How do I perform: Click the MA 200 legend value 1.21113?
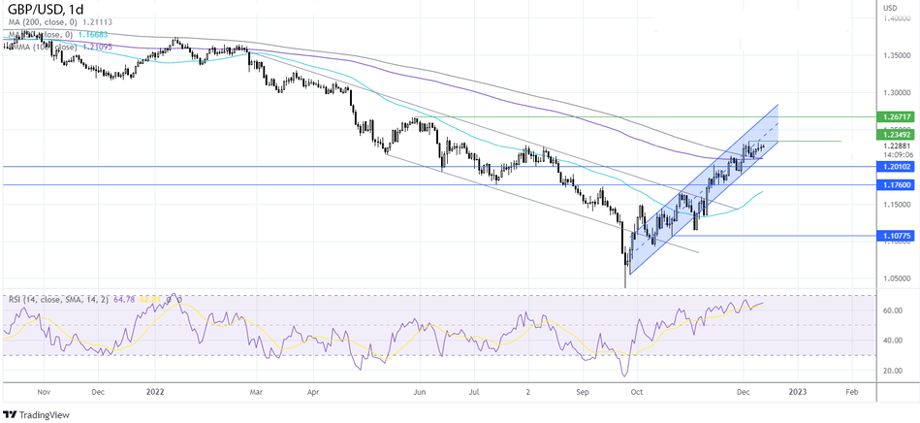pos(123,22)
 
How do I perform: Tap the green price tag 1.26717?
pos(897,116)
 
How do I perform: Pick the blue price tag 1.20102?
pos(897,167)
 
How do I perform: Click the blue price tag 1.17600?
pos(897,184)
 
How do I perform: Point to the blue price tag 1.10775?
pos(897,236)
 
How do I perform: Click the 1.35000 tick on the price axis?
pos(897,55)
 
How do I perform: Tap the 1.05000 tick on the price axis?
pos(897,277)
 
